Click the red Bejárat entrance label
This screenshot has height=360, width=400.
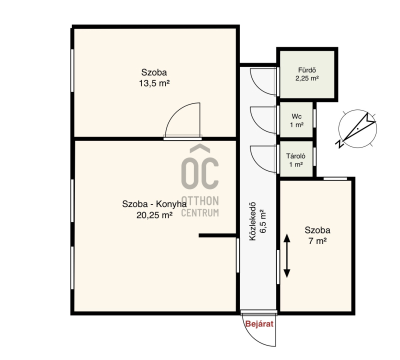click(259, 324)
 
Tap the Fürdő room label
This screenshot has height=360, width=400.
click(307, 70)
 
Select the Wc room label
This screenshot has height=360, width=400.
click(296, 116)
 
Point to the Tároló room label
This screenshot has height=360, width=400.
click(295, 156)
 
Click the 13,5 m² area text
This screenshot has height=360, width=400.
click(154, 83)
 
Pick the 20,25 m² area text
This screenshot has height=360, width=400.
click(154, 215)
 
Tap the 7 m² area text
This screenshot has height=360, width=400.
click(317, 241)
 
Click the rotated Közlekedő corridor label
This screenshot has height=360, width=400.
click(252, 221)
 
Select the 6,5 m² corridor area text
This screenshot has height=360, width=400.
click(263, 221)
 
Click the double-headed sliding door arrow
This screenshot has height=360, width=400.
click(287, 256)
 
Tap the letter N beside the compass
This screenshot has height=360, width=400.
click(339, 144)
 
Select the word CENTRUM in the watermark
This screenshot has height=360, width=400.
click(199, 212)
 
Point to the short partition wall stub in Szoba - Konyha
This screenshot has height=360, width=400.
click(217, 235)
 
